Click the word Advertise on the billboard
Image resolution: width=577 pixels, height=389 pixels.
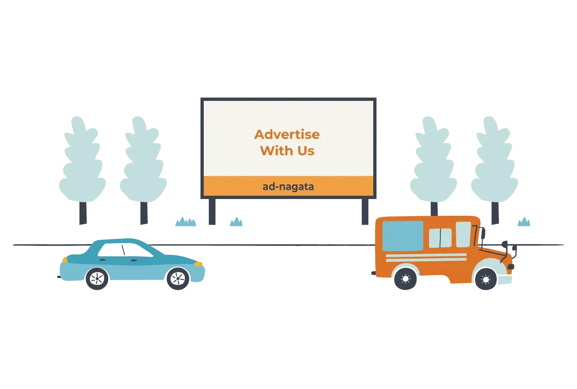pyautogui.click(x=287, y=134)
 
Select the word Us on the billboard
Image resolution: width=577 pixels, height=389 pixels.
pyautogui.click(x=306, y=151)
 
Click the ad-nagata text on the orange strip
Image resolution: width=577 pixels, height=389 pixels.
pyautogui.click(x=288, y=186)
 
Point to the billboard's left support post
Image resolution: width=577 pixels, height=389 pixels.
pyautogui.click(x=212, y=211)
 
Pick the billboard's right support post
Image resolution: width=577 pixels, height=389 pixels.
pyautogui.click(x=365, y=211)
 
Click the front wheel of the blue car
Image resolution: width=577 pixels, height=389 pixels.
pyautogui.click(x=178, y=278)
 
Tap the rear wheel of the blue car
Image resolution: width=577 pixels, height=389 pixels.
pyautogui.click(x=97, y=278)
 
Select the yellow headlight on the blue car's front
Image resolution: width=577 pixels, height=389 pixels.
pyautogui.click(x=198, y=264)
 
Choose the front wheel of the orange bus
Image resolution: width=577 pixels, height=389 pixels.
pyautogui.click(x=485, y=279)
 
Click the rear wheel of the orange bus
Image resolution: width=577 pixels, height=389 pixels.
pyautogui.click(x=405, y=278)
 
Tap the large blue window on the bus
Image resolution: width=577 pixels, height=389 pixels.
pyautogui.click(x=403, y=236)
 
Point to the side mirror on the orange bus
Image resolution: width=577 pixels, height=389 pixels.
pyautogui.click(x=483, y=233)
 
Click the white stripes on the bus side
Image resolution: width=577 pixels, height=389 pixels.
pyautogui.click(x=426, y=257)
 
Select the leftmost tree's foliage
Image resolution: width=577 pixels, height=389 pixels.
pyautogui.click(x=82, y=162)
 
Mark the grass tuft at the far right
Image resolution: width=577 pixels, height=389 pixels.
pyautogui.click(x=523, y=222)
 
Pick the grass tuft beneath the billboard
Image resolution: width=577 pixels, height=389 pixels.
pyautogui.click(x=236, y=222)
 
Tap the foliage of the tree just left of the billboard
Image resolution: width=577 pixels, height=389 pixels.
pyautogui.click(x=143, y=162)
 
